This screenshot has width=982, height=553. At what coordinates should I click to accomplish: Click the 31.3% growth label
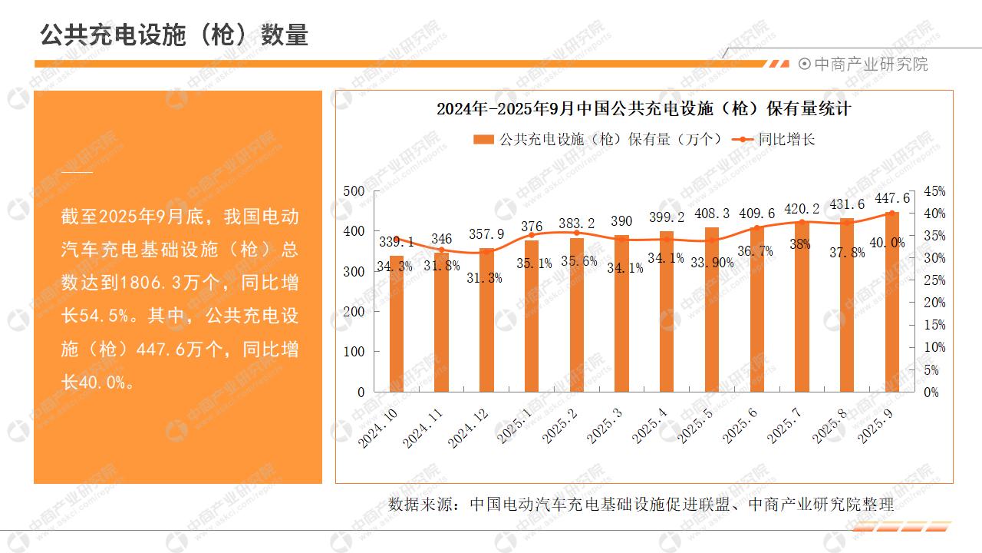(x=485, y=278)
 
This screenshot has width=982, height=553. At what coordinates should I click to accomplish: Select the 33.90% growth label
(x=712, y=262)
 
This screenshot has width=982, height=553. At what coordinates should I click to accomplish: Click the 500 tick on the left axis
(x=354, y=191)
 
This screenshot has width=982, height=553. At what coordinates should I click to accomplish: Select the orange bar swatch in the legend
(x=483, y=140)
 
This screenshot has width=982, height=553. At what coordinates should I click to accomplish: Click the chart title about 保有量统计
(x=644, y=108)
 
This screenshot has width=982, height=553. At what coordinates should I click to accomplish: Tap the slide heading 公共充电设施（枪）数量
(x=174, y=35)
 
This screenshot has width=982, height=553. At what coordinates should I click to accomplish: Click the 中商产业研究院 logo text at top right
(x=870, y=65)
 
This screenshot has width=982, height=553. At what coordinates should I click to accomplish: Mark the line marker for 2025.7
(x=802, y=222)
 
